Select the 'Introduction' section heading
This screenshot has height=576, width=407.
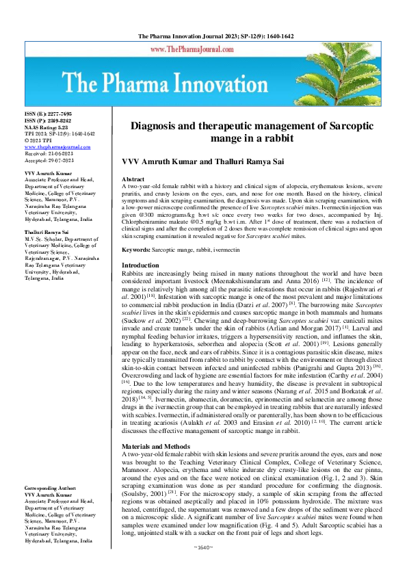140,265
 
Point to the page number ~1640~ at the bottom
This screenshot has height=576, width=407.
203,567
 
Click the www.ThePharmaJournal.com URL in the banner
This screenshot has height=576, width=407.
203,50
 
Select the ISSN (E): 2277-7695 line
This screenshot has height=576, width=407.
47,113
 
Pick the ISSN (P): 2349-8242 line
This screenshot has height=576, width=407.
47,120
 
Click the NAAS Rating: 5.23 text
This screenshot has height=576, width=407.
47,127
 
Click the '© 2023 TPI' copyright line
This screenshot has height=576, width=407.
39,140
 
